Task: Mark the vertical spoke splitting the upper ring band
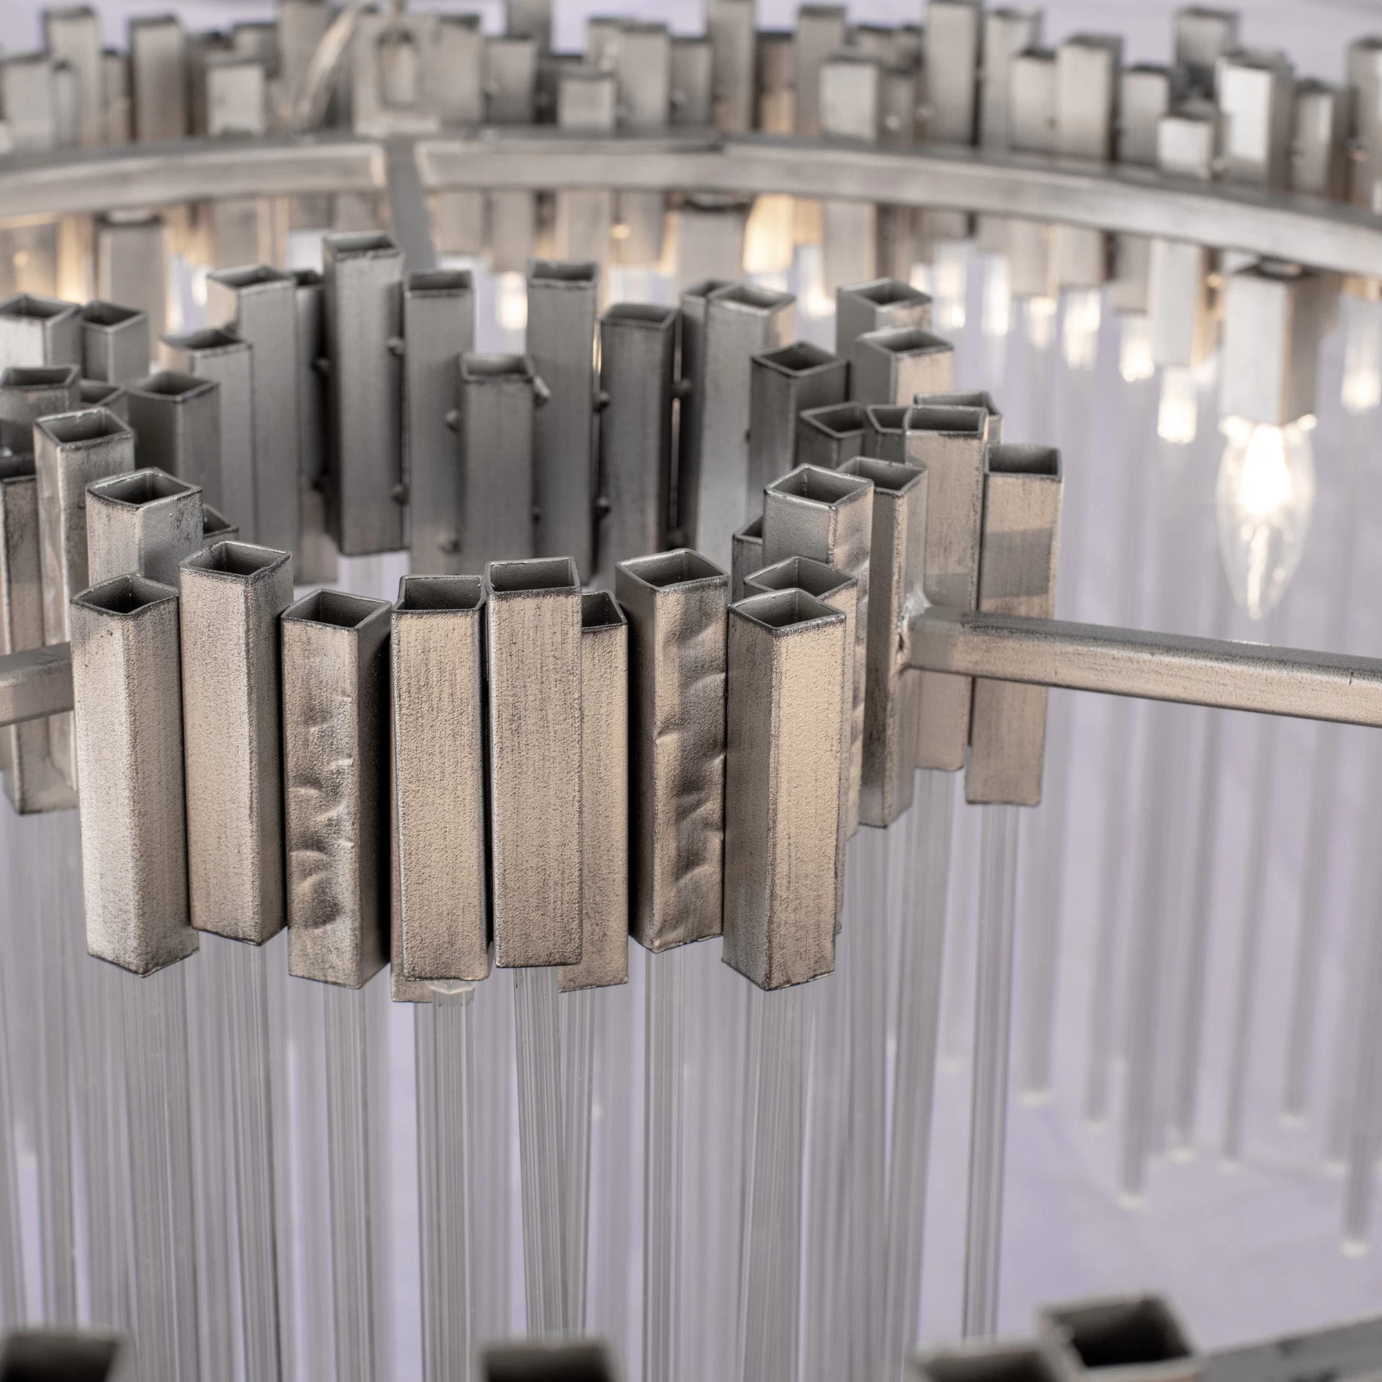point(404,200)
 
